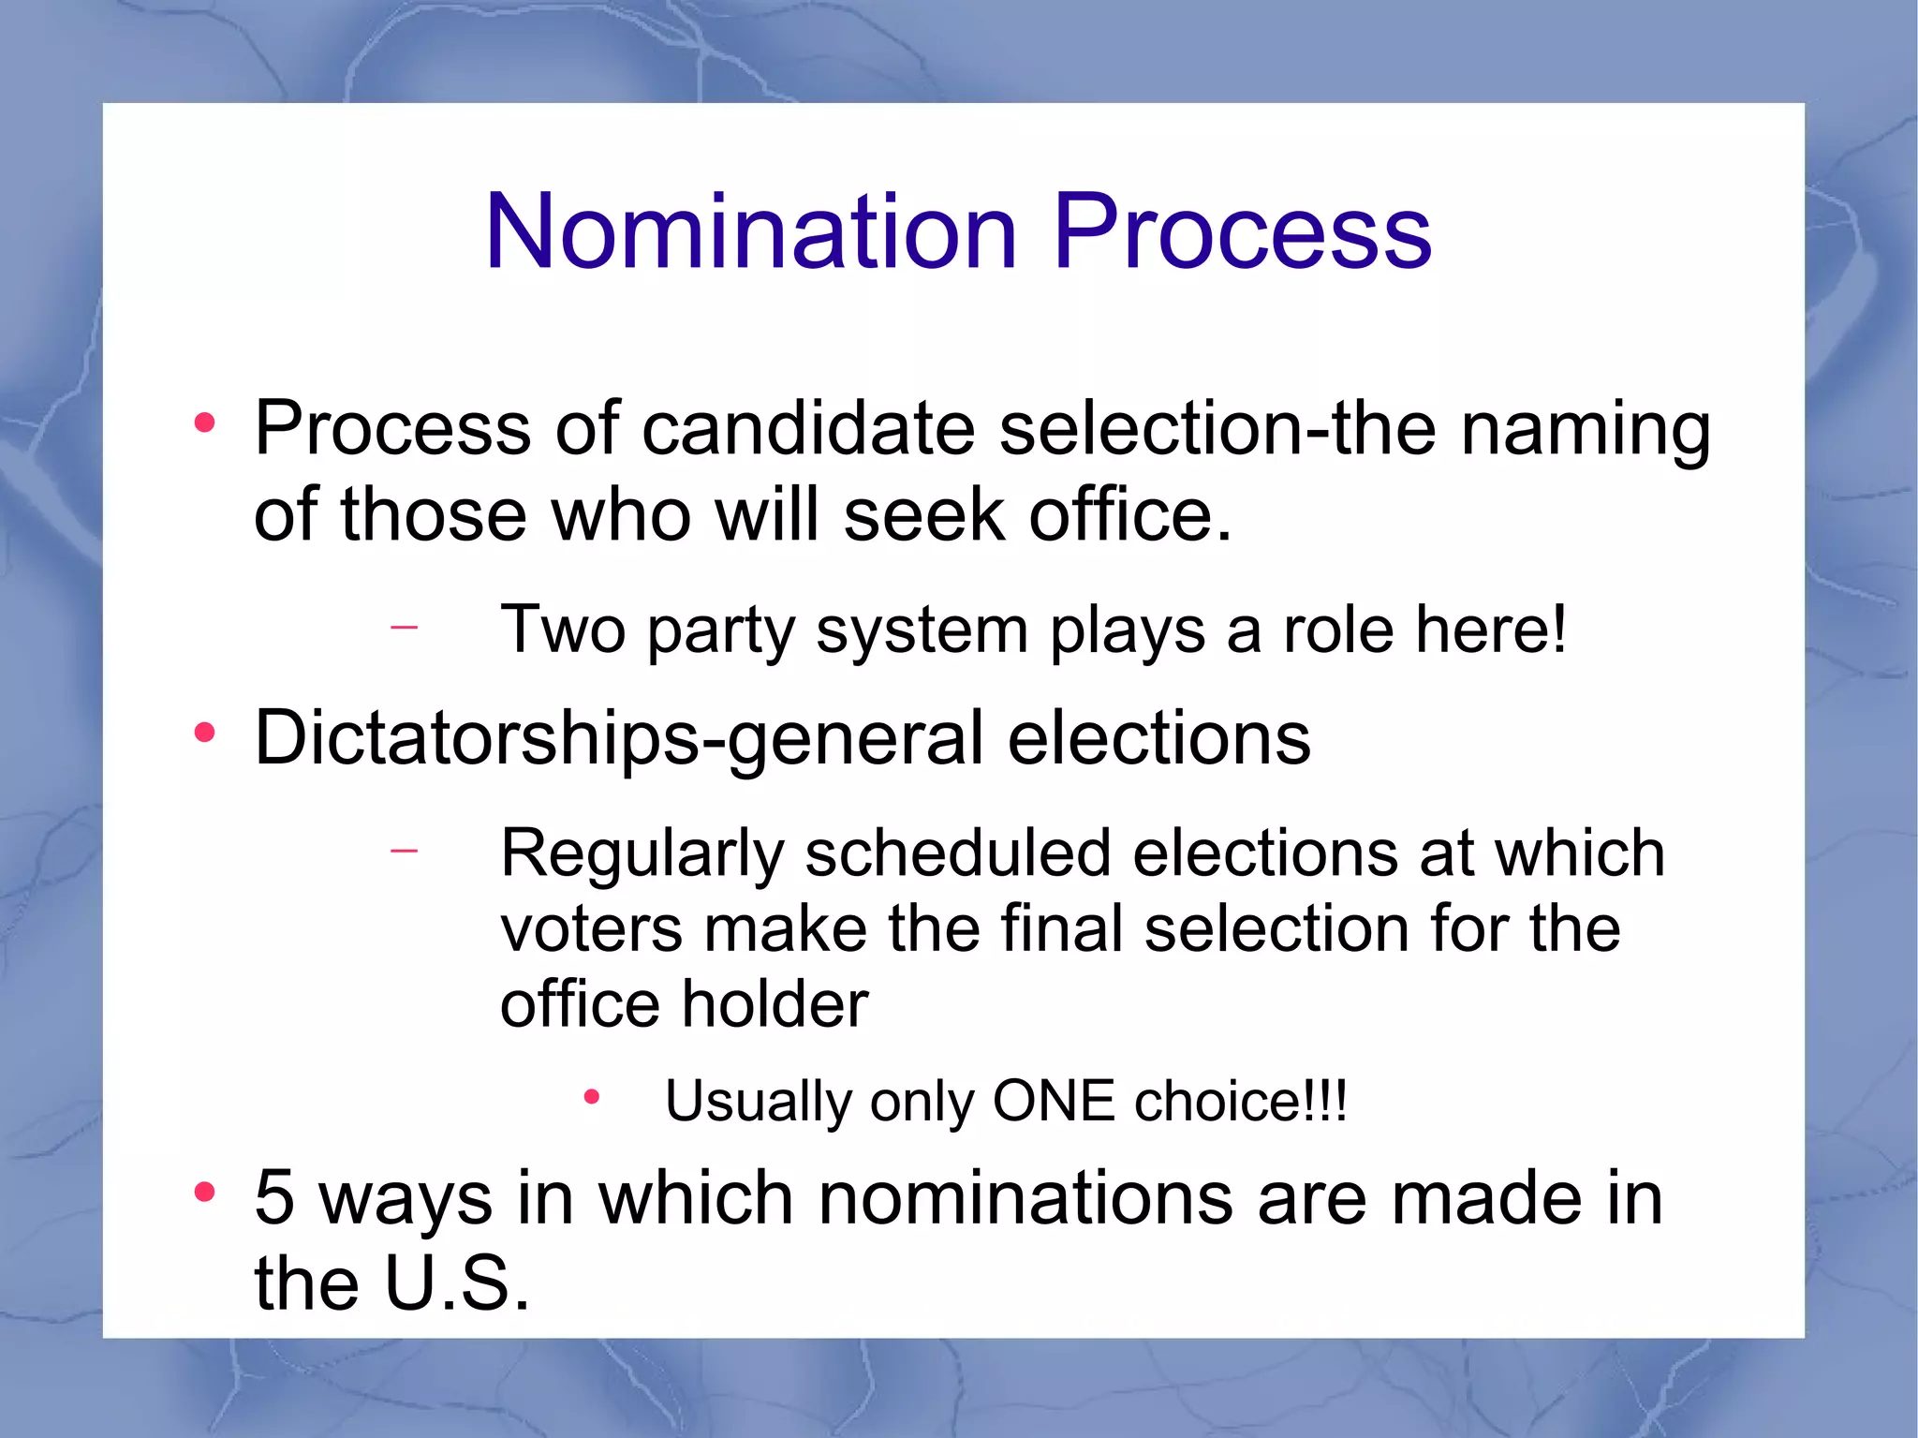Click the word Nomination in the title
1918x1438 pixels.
750,231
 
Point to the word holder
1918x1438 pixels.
775,1004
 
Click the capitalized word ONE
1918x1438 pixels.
1054,1101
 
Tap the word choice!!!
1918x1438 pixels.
1241,1101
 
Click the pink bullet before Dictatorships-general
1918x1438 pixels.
204,733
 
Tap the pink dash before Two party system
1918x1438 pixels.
404,625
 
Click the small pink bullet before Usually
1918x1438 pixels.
591,1096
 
